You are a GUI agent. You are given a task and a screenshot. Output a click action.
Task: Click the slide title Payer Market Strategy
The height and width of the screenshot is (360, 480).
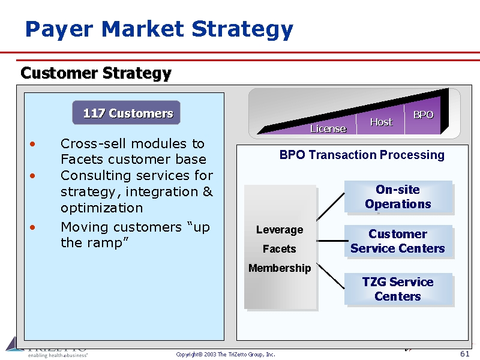click(x=159, y=29)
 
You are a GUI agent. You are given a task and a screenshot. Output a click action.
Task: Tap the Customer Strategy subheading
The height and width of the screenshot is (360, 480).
click(x=96, y=73)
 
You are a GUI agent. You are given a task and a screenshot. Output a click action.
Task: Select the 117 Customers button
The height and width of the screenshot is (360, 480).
click(x=127, y=113)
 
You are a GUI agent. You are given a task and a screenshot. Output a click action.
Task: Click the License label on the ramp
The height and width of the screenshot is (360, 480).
click(x=328, y=128)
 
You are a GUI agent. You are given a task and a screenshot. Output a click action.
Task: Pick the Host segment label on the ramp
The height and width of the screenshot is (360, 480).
click(x=381, y=122)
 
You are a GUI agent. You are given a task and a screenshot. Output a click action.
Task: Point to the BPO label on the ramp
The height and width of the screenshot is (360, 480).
click(x=423, y=115)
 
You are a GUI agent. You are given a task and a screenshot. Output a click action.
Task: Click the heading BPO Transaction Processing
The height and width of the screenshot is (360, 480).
click(x=362, y=155)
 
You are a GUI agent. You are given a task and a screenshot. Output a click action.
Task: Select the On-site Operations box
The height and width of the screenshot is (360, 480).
click(x=398, y=197)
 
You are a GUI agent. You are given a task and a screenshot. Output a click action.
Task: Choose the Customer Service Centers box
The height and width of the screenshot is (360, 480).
click(x=398, y=241)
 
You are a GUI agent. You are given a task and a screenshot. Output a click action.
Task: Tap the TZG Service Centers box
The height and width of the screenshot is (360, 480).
click(x=398, y=289)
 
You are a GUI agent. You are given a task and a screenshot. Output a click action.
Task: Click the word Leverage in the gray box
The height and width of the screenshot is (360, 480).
click(x=280, y=230)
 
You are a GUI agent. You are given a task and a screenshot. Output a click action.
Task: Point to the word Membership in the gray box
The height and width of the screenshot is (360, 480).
click(x=280, y=268)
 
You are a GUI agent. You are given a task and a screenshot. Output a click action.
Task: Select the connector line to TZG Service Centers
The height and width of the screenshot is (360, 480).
click(x=330, y=277)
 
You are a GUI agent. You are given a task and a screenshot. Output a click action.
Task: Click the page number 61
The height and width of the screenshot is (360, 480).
click(x=464, y=354)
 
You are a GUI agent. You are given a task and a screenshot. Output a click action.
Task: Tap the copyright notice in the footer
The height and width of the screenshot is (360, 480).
click(x=226, y=355)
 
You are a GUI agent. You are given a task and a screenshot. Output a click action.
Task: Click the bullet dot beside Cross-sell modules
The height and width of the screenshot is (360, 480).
click(x=32, y=144)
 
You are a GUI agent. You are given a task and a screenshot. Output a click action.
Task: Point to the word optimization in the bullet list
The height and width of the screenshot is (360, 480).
click(x=101, y=208)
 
